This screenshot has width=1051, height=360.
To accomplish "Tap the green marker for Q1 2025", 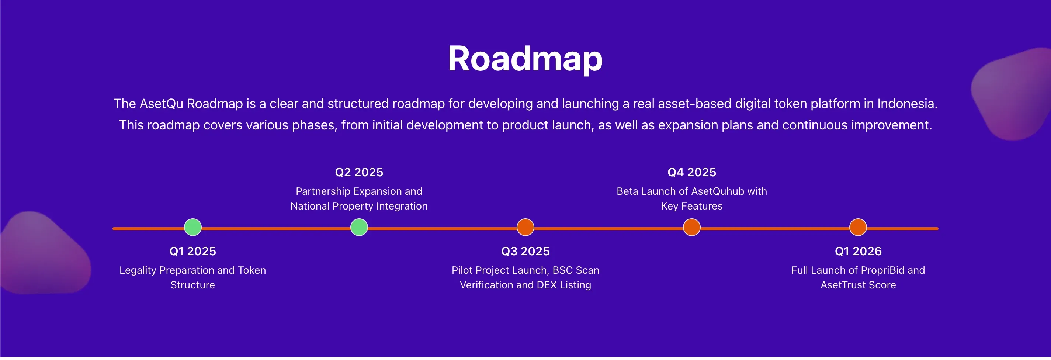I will [x=192, y=227].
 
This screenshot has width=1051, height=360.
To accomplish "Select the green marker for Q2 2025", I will [x=359, y=227].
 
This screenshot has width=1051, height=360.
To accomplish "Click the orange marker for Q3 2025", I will [x=525, y=227].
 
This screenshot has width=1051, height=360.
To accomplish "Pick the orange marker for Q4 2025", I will [x=691, y=227].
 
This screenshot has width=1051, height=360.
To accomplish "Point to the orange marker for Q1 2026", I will [x=858, y=227].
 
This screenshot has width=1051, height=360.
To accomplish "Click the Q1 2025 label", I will [x=192, y=251].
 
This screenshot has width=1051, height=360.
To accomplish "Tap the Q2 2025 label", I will [x=359, y=172].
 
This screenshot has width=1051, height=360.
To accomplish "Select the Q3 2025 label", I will [x=525, y=251].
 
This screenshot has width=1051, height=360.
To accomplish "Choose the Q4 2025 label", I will [x=691, y=172].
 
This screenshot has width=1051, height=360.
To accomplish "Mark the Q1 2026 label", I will [x=858, y=251].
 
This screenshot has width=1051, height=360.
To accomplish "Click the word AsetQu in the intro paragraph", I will [x=161, y=104].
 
